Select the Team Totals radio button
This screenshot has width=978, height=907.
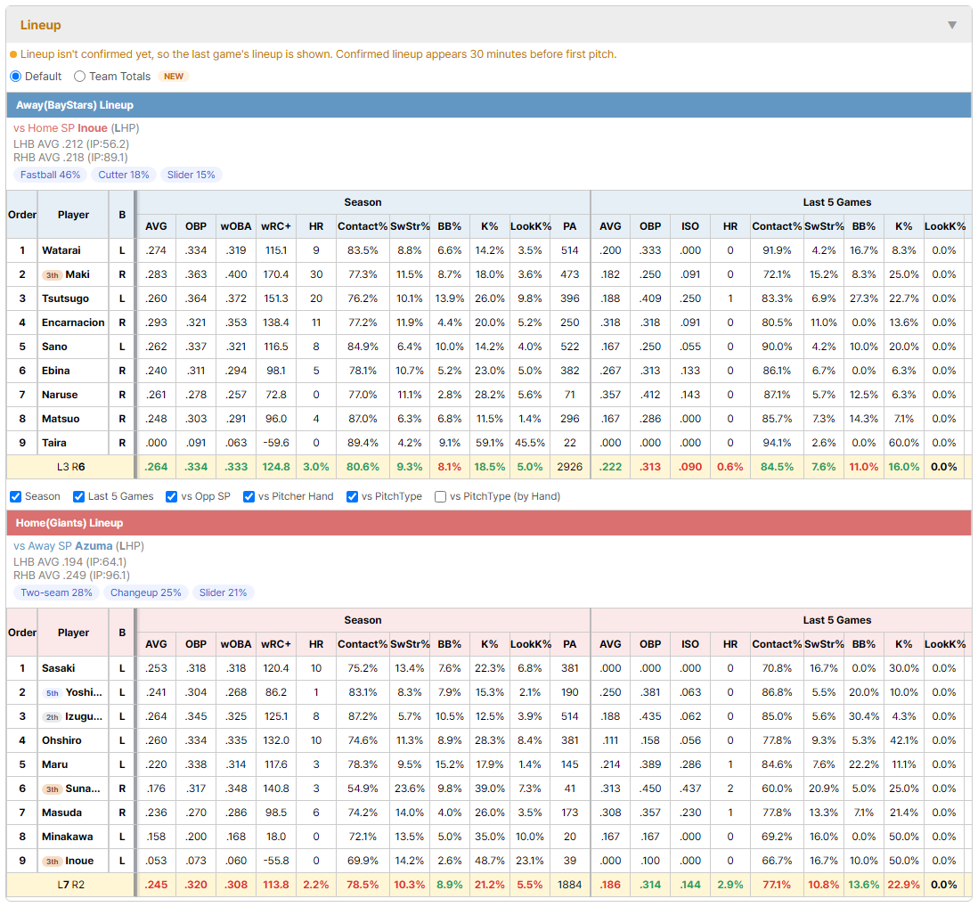click(x=79, y=76)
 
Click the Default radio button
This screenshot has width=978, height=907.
click(x=16, y=76)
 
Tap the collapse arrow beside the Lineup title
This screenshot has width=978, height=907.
click(x=952, y=25)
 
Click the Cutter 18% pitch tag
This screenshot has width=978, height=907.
click(x=124, y=175)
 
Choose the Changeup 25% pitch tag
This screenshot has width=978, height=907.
click(x=146, y=592)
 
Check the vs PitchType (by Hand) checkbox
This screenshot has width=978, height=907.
click(x=440, y=496)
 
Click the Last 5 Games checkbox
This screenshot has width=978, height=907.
click(x=78, y=496)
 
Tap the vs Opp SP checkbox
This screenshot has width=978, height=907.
click(x=172, y=496)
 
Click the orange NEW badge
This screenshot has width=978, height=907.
click(x=174, y=76)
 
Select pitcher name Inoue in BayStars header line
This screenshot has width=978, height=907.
click(x=93, y=128)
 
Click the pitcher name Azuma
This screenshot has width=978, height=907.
click(x=94, y=546)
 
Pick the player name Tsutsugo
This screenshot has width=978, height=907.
click(x=66, y=298)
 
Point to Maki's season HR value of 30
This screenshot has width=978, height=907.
click(x=316, y=274)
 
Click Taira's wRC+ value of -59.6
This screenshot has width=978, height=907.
click(x=276, y=443)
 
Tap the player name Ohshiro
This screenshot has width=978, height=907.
click(x=61, y=740)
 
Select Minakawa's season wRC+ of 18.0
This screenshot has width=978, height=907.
click(x=276, y=837)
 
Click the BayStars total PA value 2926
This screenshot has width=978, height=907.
click(x=569, y=467)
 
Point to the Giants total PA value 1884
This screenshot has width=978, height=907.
click(x=569, y=885)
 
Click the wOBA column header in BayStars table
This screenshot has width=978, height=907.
click(x=236, y=226)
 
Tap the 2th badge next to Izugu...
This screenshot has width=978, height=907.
click(x=53, y=716)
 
